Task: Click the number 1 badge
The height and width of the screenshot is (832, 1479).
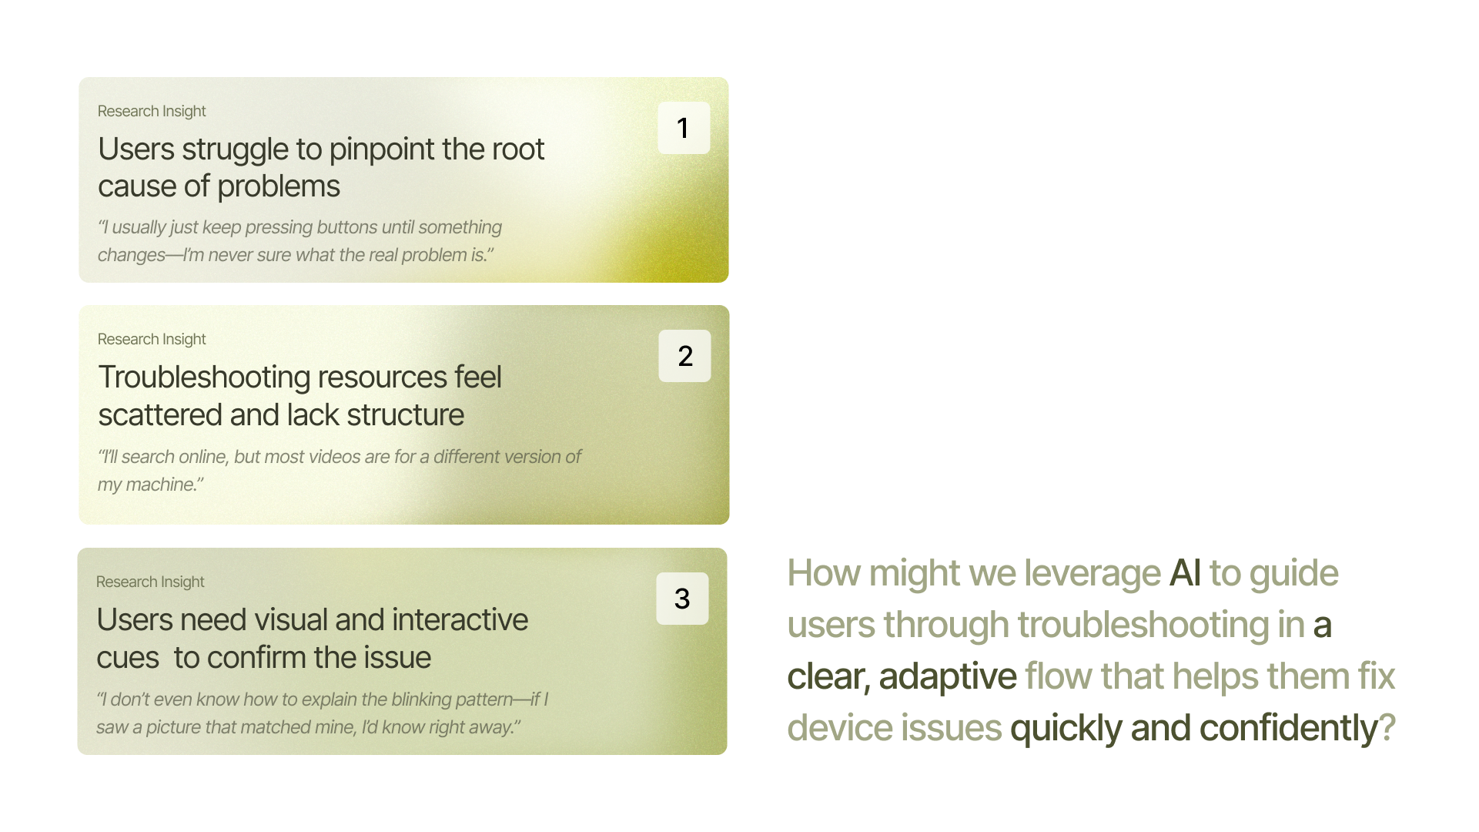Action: click(x=684, y=128)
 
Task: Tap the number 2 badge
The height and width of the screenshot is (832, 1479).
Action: click(x=684, y=356)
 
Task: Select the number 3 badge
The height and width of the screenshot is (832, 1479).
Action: click(x=682, y=599)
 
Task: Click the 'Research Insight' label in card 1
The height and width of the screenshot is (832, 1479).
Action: click(x=152, y=111)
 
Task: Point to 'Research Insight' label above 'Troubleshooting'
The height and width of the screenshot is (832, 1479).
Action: click(x=152, y=339)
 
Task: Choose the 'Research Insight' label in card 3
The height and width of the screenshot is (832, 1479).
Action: click(x=150, y=582)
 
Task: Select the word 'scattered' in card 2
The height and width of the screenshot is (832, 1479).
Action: click(x=160, y=415)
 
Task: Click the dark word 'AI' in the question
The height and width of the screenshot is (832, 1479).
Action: click(x=1186, y=573)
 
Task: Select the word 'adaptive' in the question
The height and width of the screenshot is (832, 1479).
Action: click(x=948, y=676)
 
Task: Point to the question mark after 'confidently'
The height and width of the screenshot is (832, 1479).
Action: click(x=1387, y=729)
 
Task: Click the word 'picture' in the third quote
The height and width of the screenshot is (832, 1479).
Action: click(x=175, y=727)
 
